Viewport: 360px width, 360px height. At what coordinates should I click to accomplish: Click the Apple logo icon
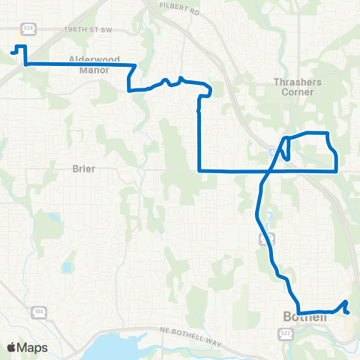point(12,347)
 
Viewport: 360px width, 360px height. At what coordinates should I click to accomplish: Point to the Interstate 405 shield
point(272,152)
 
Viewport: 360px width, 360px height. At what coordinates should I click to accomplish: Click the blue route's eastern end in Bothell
point(347,311)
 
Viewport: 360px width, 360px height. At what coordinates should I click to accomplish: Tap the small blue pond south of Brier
point(66,267)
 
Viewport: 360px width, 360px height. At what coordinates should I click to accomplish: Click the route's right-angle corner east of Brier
point(199,170)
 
